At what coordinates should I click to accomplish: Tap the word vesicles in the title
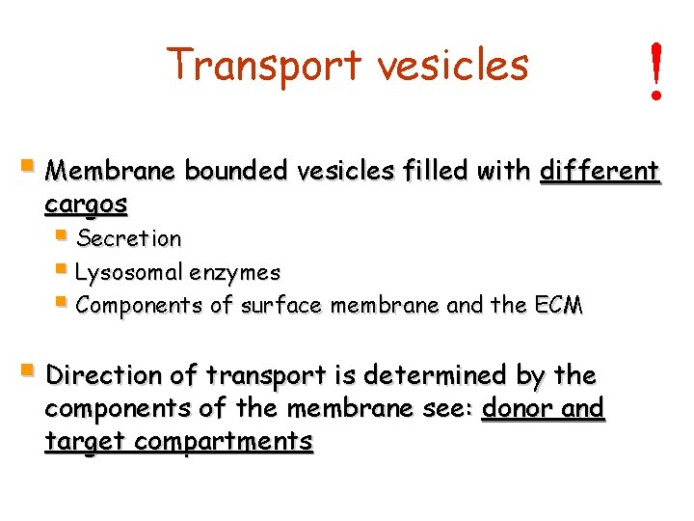pyautogui.click(x=453, y=65)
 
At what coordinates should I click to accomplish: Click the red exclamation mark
pyautogui.click(x=656, y=71)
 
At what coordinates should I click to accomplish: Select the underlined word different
pyautogui.click(x=600, y=172)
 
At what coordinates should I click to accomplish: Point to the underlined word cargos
pyautogui.click(x=86, y=205)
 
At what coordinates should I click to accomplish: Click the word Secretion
pyautogui.click(x=128, y=238)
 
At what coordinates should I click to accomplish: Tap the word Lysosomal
pyautogui.click(x=128, y=273)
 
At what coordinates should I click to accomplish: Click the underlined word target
pyautogui.click(x=86, y=442)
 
